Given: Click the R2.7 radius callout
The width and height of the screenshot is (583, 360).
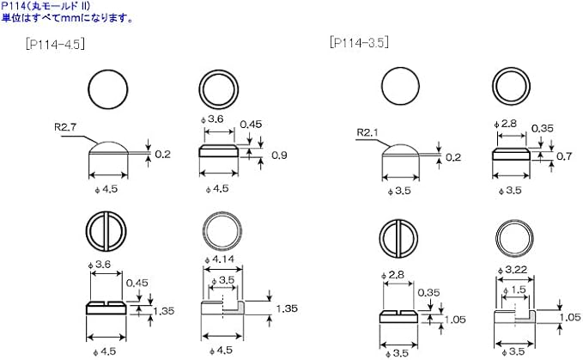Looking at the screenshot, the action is tap(65, 127).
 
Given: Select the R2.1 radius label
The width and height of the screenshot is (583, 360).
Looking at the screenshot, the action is tap(367, 133).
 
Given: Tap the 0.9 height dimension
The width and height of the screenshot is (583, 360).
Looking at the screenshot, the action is tap(279, 155).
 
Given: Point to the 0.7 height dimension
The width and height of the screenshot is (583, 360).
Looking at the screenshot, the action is tap(563, 156).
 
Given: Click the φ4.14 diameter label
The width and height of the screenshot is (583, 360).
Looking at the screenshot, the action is tap(219, 259).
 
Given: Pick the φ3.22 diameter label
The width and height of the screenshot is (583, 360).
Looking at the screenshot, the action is tap(513, 270).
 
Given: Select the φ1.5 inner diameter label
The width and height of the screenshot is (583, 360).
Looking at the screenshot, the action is tap(514, 290).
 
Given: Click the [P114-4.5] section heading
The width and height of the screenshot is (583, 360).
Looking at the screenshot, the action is tap(55, 45).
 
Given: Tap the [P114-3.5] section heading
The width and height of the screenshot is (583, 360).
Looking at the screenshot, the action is tap(359, 42).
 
